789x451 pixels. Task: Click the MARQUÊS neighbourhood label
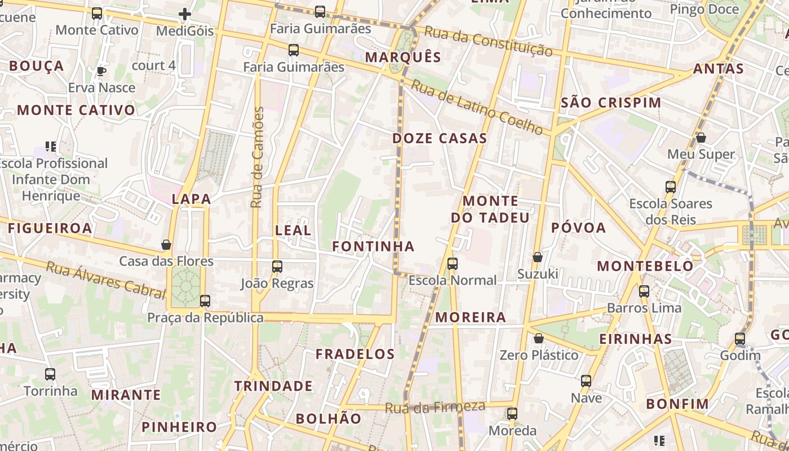(x=403, y=57)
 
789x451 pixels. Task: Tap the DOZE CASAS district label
(x=440, y=138)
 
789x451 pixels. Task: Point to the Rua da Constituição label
(x=488, y=41)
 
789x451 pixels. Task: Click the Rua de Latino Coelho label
(x=477, y=107)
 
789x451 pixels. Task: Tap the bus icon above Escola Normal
(x=452, y=263)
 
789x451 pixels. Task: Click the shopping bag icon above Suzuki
(x=538, y=257)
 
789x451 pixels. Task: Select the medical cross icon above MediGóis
(x=185, y=14)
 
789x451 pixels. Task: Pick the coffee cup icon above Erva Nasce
(x=101, y=71)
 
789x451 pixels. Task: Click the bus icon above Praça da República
(x=205, y=301)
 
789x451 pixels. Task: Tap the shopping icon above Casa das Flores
(x=166, y=245)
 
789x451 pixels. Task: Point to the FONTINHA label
(x=373, y=246)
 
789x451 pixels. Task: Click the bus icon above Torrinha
(x=50, y=374)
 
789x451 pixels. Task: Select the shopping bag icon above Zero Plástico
(x=539, y=338)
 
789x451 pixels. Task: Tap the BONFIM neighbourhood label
(x=677, y=404)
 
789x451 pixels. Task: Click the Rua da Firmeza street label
(x=436, y=407)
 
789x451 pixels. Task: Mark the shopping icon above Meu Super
(x=701, y=138)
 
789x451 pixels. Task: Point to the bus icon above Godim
(x=740, y=339)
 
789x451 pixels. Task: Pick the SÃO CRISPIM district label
(x=611, y=103)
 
